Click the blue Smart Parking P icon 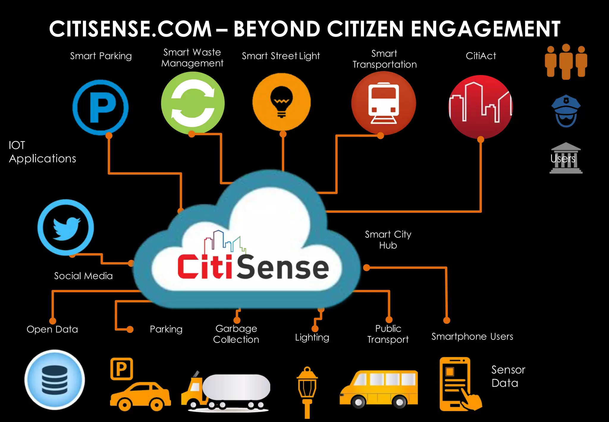(101, 107)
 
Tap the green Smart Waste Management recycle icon (193, 103)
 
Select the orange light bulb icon (281, 102)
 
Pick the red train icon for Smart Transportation (383, 103)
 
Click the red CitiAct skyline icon (480, 107)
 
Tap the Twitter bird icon (66, 227)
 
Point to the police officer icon (566, 111)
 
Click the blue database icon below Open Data (55, 380)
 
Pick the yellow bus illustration (379, 388)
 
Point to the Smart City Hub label (388, 240)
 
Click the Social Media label (83, 276)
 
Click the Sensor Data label (508, 376)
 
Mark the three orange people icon (566, 62)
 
